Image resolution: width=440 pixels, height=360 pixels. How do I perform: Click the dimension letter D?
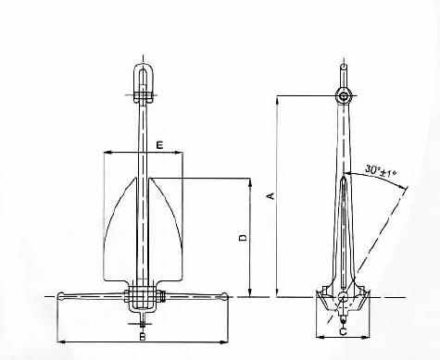[242, 239]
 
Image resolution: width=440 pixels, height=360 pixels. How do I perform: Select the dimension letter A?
[269, 196]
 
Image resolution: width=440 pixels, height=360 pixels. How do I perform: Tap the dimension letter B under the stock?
[142, 337]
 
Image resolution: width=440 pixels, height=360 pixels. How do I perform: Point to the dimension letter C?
[343, 330]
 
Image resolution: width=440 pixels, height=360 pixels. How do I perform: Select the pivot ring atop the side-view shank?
[343, 96]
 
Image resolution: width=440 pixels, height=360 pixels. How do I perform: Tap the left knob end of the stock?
[62, 296]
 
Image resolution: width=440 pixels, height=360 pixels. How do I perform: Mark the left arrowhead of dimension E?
[107, 153]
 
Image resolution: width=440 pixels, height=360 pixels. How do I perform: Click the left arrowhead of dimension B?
[60, 342]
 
